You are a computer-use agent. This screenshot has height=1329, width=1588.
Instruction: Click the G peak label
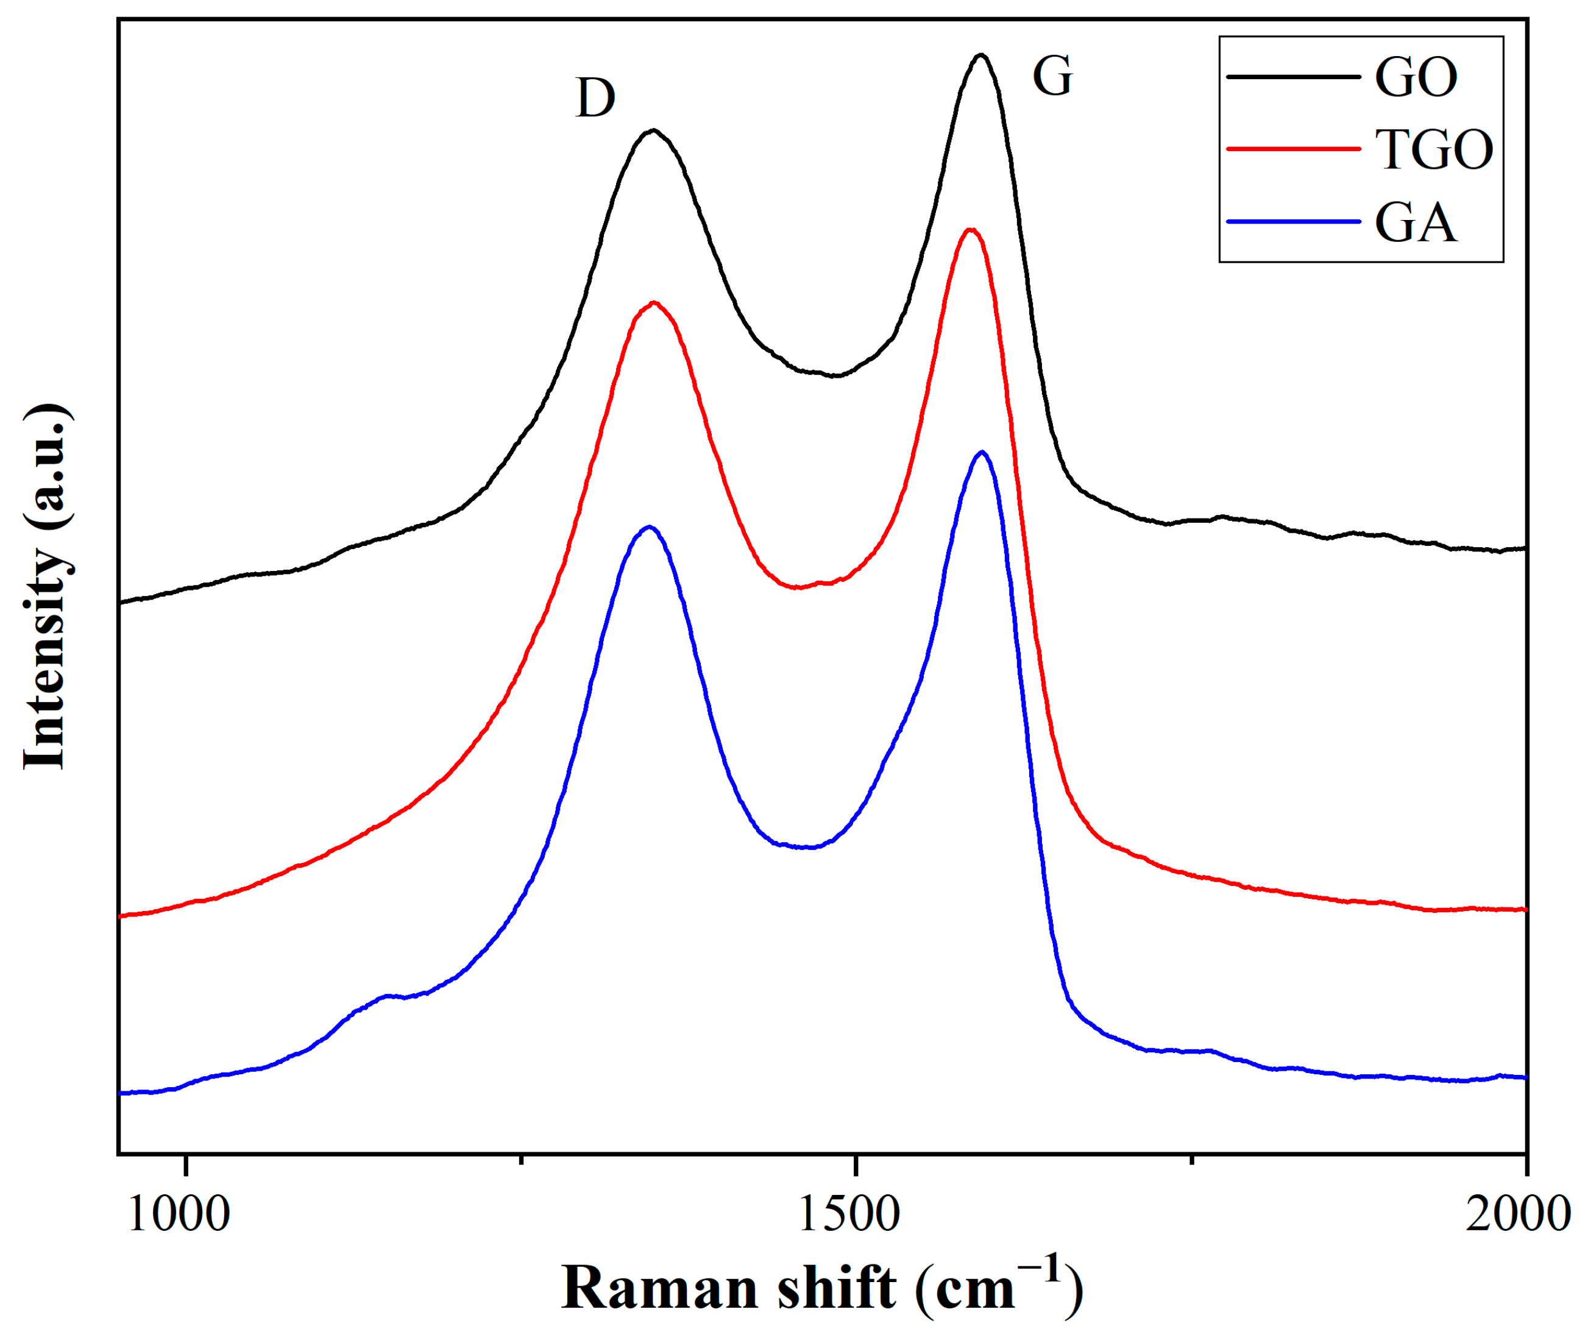1052,77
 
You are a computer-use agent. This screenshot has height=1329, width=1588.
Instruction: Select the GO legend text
1416,77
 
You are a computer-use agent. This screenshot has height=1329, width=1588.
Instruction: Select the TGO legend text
1434,150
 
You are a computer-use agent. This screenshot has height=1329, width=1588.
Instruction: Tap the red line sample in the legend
1292,149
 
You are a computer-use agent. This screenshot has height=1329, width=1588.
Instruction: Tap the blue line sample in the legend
1292,222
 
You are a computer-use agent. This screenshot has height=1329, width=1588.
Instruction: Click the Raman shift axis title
822,1288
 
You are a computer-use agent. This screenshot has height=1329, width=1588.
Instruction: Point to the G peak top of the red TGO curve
970,229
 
